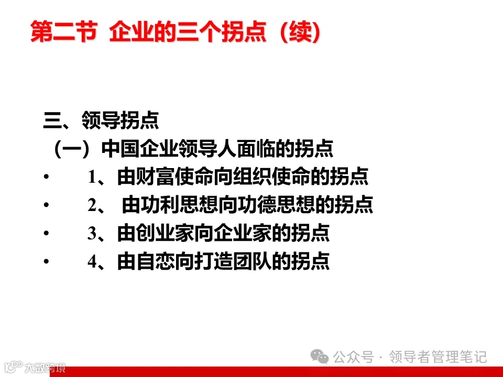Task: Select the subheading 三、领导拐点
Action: pyautogui.click(x=101, y=121)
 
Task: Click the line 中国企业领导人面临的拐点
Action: pyautogui.click(x=217, y=149)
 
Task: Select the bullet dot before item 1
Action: pyautogui.click(x=47, y=178)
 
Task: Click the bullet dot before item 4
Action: pyautogui.click(x=47, y=262)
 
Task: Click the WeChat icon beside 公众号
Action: pyautogui.click(x=320, y=357)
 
